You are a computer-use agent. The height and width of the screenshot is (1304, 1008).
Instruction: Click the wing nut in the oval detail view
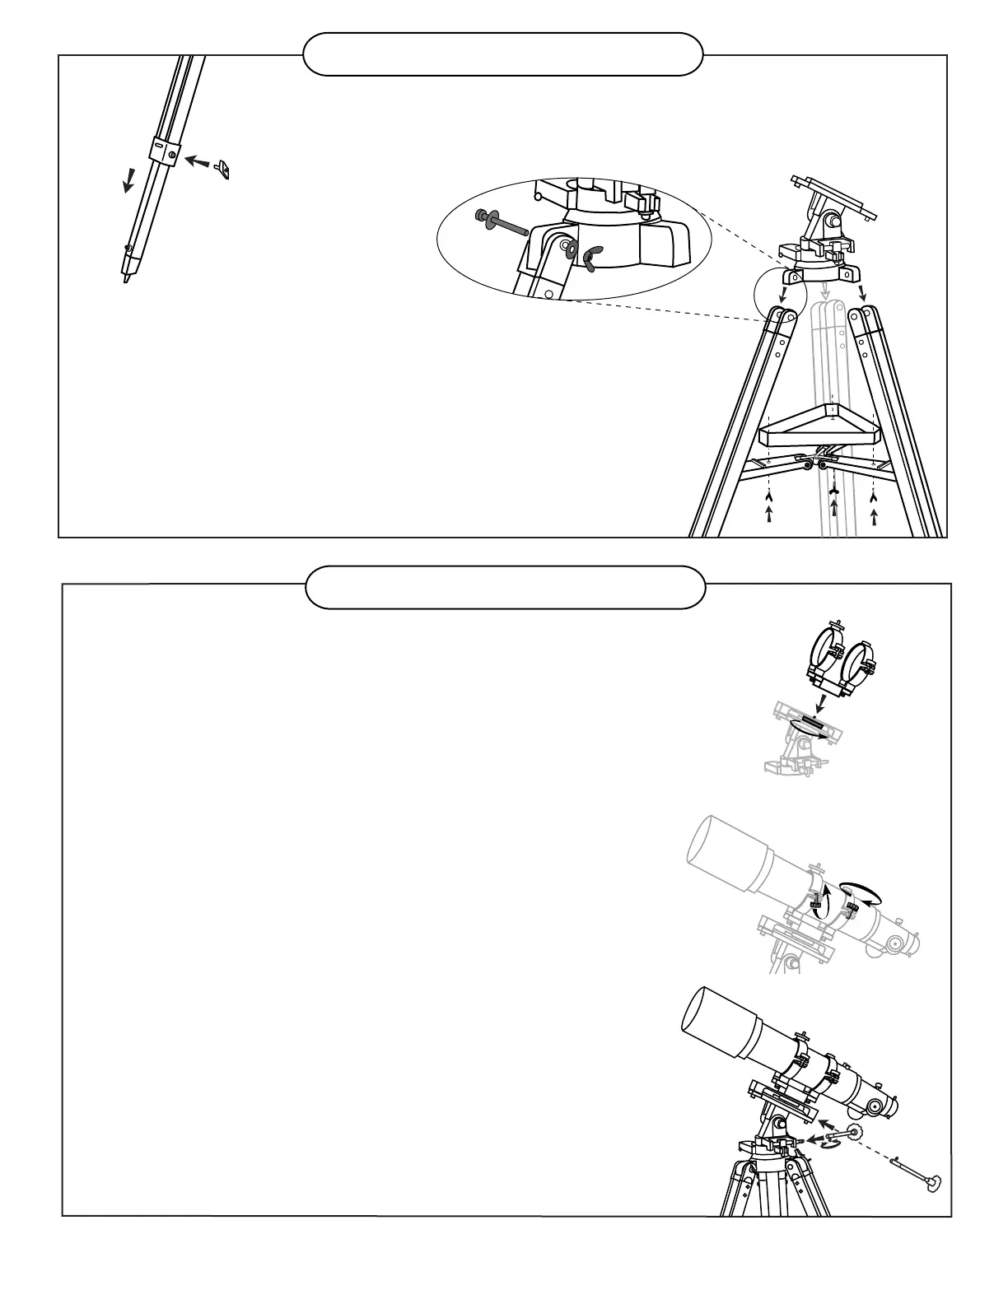[x=590, y=258]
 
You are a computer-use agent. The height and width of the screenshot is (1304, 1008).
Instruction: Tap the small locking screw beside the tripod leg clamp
[x=222, y=168]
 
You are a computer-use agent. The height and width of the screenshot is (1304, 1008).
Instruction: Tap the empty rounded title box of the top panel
[x=503, y=54]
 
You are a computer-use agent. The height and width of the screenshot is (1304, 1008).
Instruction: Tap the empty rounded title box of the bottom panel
[x=505, y=587]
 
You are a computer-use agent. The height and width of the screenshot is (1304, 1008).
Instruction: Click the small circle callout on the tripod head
[x=777, y=295]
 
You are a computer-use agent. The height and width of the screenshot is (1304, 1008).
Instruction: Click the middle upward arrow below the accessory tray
[x=835, y=510]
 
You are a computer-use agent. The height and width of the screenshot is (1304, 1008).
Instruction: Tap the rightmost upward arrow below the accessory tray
[x=874, y=516]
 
